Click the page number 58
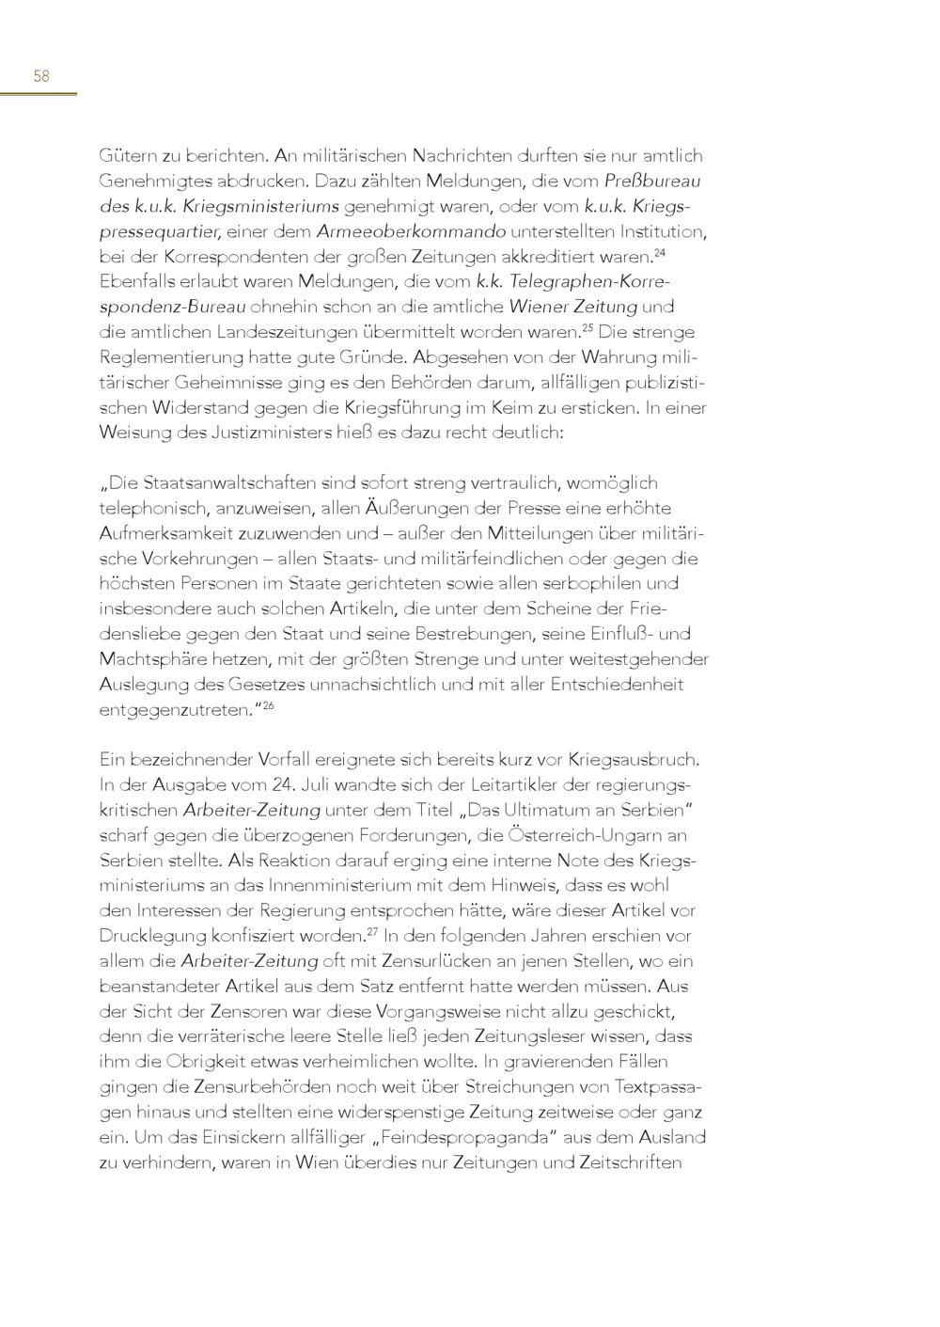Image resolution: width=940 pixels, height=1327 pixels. tap(40, 76)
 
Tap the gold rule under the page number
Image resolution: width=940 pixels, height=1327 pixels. tap(39, 93)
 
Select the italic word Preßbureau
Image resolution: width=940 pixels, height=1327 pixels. tap(652, 180)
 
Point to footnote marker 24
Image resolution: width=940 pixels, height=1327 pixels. tap(660, 251)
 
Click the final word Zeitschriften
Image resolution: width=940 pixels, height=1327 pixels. tap(622, 1162)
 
